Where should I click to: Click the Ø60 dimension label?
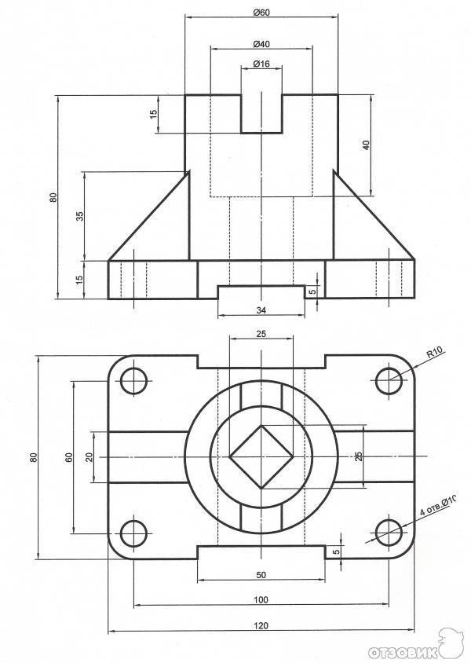pos(261,13)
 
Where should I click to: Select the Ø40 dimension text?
pos(261,44)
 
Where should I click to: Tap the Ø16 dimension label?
pos(261,64)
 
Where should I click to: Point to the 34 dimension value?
pos(261,310)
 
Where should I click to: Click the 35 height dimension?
pos(80,216)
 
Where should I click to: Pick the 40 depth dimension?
pos(367,145)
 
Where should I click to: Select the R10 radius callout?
pos(434,352)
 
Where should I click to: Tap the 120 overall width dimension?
pos(261,625)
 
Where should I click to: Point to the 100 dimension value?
pos(261,599)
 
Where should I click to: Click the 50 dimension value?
pos(261,575)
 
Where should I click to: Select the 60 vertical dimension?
pos(68,456)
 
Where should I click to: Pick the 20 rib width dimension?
pos(89,456)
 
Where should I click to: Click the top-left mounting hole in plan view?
pos(134,380)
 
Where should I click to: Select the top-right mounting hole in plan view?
pos(389,380)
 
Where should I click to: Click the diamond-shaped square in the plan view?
pos(261,456)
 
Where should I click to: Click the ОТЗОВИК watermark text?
pos(403,651)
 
